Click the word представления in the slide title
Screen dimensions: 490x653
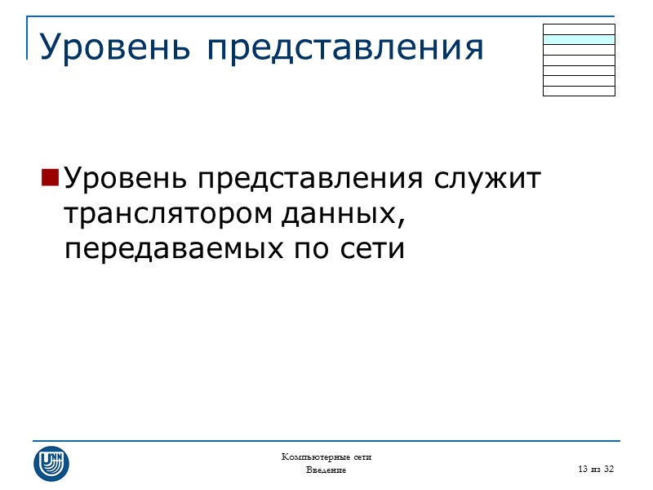pyautogui.click(x=344, y=48)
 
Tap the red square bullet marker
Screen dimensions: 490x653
pyautogui.click(x=50, y=177)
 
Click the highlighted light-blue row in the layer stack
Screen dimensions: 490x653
pyautogui.click(x=579, y=39)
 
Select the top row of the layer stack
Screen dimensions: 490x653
pyautogui.click(x=579, y=29)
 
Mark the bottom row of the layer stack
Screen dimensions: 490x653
pyautogui.click(x=579, y=91)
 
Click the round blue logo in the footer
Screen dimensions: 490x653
pyautogui.click(x=51, y=463)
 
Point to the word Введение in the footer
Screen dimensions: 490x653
pyautogui.click(x=326, y=470)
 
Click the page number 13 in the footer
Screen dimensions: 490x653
pyautogui.click(x=582, y=469)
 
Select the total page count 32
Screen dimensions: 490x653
pyautogui.click(x=608, y=469)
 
